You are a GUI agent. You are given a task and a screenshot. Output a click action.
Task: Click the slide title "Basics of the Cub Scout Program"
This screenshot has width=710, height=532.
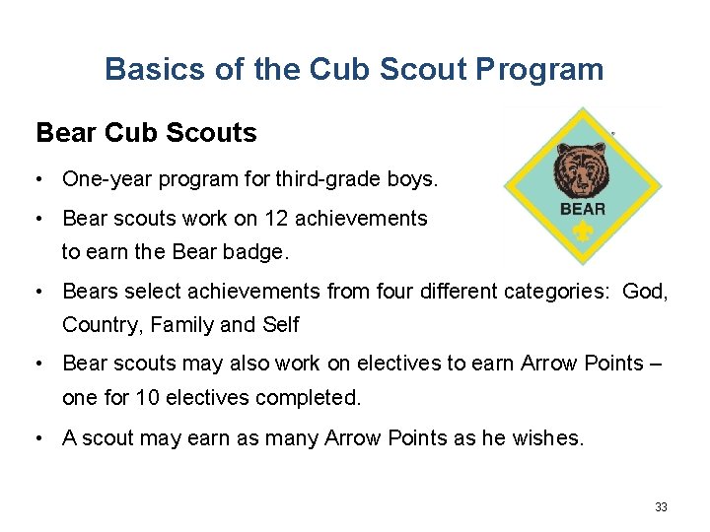[354, 70]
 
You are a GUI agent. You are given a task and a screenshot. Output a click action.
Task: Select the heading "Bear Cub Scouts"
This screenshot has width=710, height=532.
[146, 133]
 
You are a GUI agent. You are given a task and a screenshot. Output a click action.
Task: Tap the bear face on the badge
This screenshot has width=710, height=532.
[581, 169]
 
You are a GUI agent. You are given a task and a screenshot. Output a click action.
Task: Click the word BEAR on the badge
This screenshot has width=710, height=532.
[582, 209]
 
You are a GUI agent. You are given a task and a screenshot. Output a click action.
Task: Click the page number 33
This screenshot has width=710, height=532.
[661, 507]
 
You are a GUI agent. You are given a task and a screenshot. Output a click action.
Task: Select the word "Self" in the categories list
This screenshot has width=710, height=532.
[280, 325]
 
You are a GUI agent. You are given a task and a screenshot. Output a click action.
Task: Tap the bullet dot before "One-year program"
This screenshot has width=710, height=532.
[35, 180]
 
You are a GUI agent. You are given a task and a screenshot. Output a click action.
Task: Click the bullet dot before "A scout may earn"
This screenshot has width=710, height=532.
[35, 438]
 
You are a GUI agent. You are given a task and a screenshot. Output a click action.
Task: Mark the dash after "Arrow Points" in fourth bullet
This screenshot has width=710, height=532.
[656, 364]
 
